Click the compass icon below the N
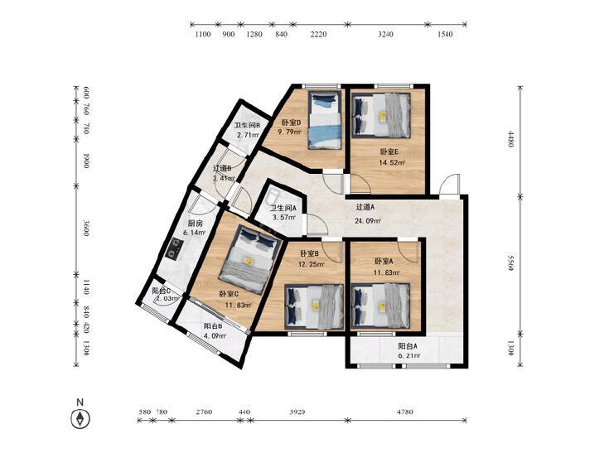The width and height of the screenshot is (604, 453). [x=80, y=418]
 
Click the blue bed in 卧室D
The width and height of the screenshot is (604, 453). [x=325, y=120]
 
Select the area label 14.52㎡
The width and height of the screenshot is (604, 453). [x=391, y=162]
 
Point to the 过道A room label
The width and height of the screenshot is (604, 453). [x=365, y=207]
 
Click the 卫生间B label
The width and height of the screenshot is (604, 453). [x=247, y=126]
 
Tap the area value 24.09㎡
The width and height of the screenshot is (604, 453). [x=368, y=221]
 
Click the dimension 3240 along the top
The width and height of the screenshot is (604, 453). [x=385, y=34]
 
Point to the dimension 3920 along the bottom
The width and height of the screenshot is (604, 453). [x=297, y=412]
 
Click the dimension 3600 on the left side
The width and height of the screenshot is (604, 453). [x=86, y=229]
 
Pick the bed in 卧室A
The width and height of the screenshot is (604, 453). [x=380, y=306]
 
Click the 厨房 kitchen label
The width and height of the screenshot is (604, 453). [x=195, y=224]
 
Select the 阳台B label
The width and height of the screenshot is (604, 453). [x=213, y=326]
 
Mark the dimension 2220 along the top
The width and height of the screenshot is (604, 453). [x=318, y=34]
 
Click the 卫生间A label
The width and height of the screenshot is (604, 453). [x=283, y=208]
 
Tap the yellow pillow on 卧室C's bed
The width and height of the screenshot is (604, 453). [x=249, y=261]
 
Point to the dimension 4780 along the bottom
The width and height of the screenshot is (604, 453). [x=405, y=412]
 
